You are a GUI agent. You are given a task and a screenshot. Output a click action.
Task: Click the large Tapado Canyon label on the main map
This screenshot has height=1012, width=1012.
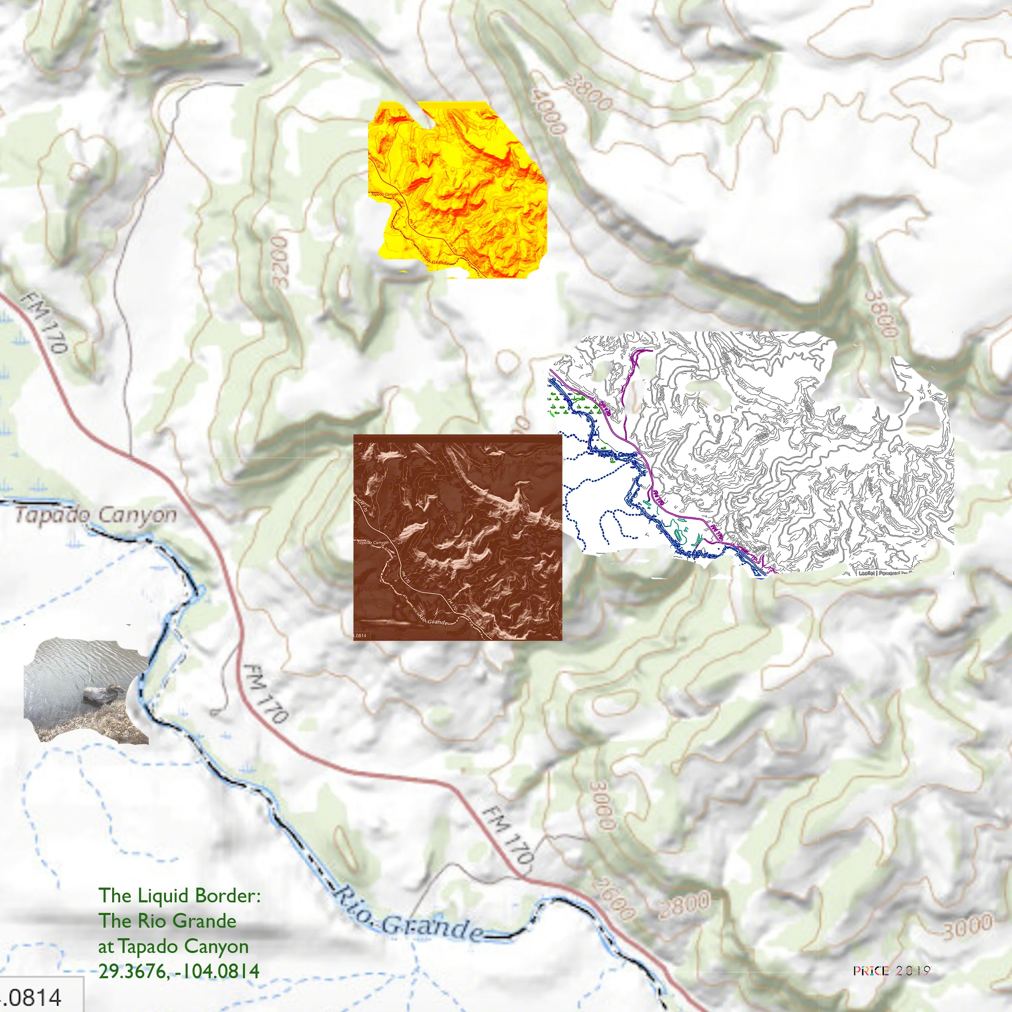96,515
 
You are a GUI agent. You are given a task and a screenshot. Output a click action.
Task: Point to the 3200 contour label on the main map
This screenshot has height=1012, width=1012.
281,261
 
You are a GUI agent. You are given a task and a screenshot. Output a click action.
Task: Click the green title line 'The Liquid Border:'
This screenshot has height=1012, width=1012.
179,895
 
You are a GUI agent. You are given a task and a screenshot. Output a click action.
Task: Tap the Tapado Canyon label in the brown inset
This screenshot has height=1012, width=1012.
372,542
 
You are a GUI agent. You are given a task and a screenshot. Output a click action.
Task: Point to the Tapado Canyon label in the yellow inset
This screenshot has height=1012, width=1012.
385,194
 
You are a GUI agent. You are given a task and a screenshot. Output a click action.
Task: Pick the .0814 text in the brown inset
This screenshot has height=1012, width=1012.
361,636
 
